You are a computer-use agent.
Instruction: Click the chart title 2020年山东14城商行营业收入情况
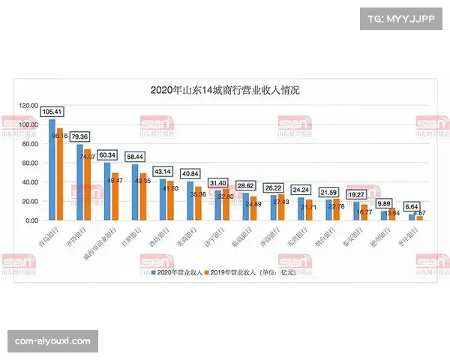coord(225,91)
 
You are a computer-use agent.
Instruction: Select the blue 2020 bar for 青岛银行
coord(52,169)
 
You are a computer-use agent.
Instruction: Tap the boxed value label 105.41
coord(52,112)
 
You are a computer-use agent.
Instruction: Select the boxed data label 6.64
coord(412,207)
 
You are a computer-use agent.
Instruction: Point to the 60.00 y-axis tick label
coord(29,163)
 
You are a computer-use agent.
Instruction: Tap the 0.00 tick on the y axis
coord(31,220)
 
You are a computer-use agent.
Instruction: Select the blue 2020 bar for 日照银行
coord(135,192)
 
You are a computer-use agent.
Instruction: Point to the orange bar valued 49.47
coord(115,196)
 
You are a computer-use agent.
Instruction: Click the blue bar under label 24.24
coord(301,209)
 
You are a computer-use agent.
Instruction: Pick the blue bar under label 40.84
coord(190,201)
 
